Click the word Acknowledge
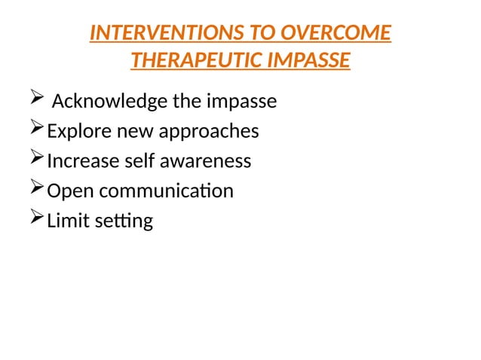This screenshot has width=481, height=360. coord(103,101)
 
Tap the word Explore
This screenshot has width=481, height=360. coord(78,131)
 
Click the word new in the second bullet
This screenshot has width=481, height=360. coord(133,132)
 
